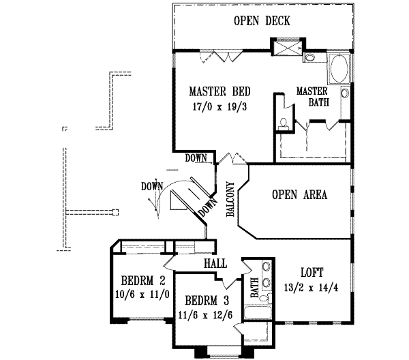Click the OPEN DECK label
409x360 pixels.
262,21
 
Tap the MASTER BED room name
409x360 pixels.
219,91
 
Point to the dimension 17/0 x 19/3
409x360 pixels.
219,107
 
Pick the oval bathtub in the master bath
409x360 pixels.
338,70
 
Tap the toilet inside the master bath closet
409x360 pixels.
283,124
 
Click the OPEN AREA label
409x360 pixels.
300,195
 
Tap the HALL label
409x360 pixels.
215,262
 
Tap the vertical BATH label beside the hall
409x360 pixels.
254,287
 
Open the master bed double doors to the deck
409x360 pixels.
226,57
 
